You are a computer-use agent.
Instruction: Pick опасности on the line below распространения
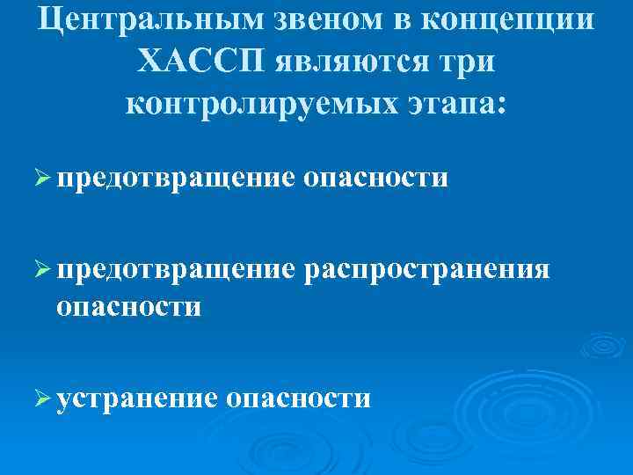128,307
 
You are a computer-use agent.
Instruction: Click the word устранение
136,398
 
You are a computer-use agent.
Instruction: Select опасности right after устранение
298,398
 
